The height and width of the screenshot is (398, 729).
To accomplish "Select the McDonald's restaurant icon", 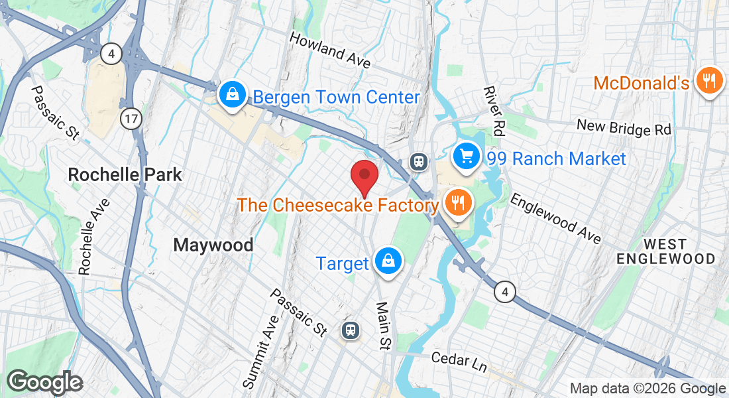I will pyautogui.click(x=709, y=82).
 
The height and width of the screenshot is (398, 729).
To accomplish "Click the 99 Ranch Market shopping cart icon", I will pyautogui.click(x=467, y=157).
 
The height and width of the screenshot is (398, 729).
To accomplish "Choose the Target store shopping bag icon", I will pyautogui.click(x=386, y=261).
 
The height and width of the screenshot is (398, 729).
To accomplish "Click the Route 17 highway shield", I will pyautogui.click(x=131, y=119).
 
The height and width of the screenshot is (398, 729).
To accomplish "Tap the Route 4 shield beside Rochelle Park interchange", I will pyautogui.click(x=111, y=54).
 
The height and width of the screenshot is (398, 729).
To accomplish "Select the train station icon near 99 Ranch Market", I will pyautogui.click(x=419, y=161).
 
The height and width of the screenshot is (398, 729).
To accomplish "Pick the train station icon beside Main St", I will pyautogui.click(x=350, y=330).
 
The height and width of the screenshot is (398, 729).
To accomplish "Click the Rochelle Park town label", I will pyautogui.click(x=125, y=175).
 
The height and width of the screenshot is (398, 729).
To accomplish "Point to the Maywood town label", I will pyautogui.click(x=213, y=245).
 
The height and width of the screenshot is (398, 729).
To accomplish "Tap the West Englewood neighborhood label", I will pyautogui.click(x=666, y=250).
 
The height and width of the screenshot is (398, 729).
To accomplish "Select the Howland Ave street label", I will pyautogui.click(x=329, y=49).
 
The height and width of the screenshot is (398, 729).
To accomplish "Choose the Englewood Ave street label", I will pyautogui.click(x=555, y=218).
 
